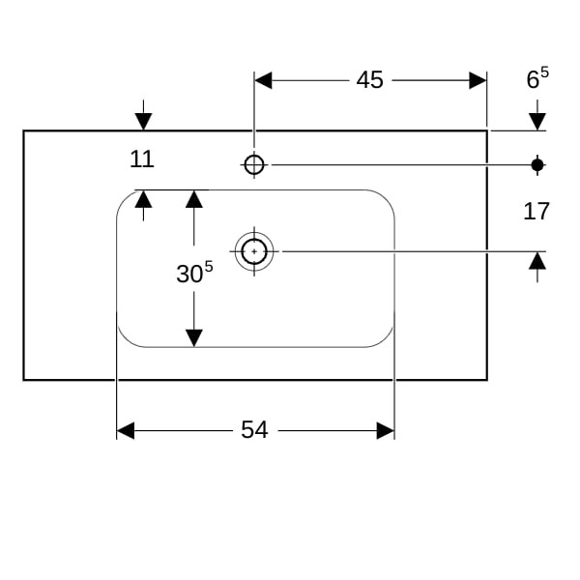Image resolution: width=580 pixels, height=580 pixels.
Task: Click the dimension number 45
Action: pos(369,80)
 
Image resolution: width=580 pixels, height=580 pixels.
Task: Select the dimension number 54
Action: pos(254,430)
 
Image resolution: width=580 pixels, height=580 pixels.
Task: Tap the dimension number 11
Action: pos(142,159)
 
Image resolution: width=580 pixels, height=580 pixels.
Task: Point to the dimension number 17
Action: pos(536,211)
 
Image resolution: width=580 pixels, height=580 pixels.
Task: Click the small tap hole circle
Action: pos(254,165)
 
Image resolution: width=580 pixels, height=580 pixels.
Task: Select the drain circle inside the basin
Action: pos(254,251)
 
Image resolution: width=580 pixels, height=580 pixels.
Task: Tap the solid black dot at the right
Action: pos(537,165)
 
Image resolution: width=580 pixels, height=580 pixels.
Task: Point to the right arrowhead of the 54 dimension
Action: pos(385,430)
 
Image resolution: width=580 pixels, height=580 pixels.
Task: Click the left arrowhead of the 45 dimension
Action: pos(263,80)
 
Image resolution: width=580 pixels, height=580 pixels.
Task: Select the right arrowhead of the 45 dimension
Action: pos(478,80)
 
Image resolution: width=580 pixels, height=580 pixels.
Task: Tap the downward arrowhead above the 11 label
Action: pos(143,121)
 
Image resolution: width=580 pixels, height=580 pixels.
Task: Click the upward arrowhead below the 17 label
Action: pos(537,261)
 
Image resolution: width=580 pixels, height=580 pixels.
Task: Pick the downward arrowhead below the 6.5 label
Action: pos(537,121)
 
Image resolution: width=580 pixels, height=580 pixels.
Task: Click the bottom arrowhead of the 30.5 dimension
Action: pos(194,337)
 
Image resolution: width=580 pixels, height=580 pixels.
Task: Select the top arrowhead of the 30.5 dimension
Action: pos(194,199)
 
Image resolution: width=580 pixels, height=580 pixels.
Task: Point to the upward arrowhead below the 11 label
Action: pos(143,199)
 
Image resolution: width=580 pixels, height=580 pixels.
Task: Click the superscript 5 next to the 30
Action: pos(208,266)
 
